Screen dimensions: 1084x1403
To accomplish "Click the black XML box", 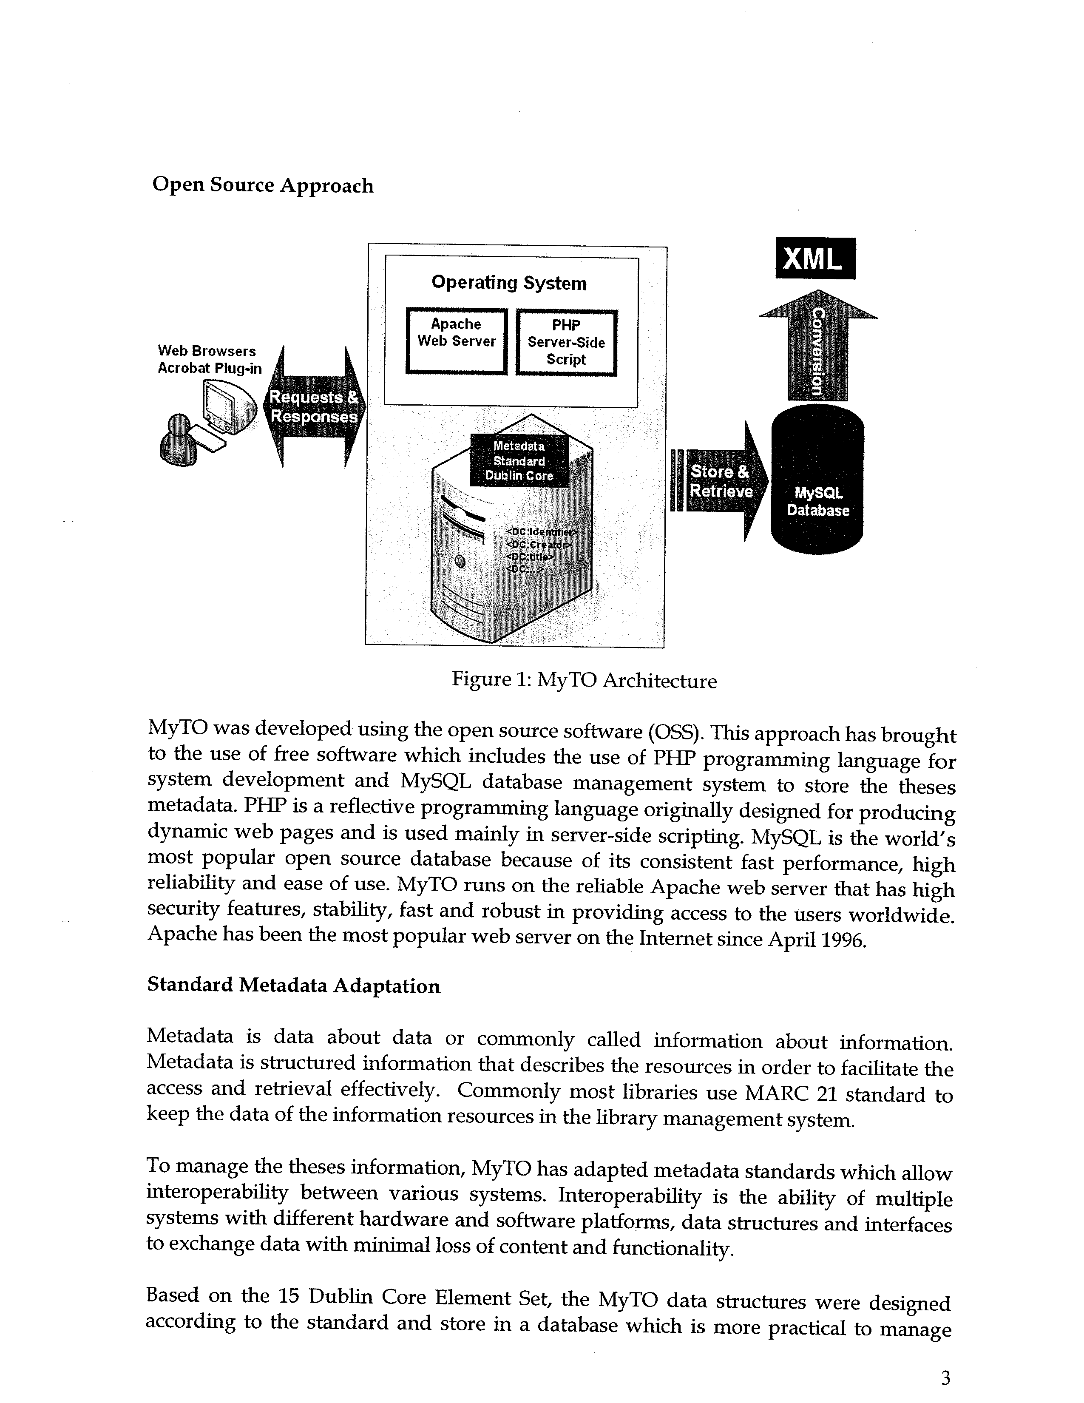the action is click(815, 258).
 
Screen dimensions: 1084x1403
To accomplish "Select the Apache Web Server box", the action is click(457, 341).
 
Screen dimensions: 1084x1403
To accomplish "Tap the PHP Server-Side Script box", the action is click(566, 342).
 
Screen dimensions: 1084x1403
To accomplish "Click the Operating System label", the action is click(508, 283).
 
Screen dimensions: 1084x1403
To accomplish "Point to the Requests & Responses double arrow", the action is click(314, 406).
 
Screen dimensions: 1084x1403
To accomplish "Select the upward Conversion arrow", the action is click(817, 345).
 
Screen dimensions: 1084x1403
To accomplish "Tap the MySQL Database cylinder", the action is click(817, 479).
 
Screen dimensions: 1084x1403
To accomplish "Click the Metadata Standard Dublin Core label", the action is click(519, 460).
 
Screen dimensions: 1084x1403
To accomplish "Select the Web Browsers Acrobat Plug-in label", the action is click(209, 360).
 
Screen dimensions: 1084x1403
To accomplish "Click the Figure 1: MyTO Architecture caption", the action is click(585, 680).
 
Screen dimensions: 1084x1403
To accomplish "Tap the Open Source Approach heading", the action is click(263, 185).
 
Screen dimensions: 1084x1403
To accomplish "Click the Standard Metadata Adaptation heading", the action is click(293, 986).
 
